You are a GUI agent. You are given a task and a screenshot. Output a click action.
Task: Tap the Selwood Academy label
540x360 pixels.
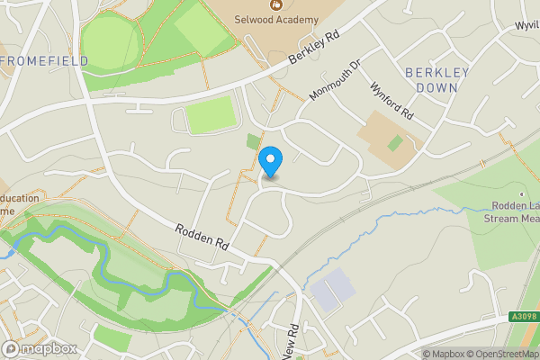276,20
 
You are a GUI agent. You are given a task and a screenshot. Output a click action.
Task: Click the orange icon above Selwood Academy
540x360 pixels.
276,4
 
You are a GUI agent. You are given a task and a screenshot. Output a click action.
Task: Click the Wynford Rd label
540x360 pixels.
391,102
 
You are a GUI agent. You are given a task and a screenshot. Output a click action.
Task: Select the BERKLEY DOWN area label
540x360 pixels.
431,79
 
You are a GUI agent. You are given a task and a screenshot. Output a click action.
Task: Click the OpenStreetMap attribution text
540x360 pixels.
497,354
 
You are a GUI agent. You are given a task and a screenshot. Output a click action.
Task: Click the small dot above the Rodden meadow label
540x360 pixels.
520,193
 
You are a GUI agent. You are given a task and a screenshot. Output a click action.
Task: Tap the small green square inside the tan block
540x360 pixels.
394,142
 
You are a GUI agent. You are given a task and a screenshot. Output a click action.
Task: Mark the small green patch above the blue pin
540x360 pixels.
253,141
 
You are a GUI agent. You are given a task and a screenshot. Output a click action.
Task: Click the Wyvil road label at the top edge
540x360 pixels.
526,25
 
